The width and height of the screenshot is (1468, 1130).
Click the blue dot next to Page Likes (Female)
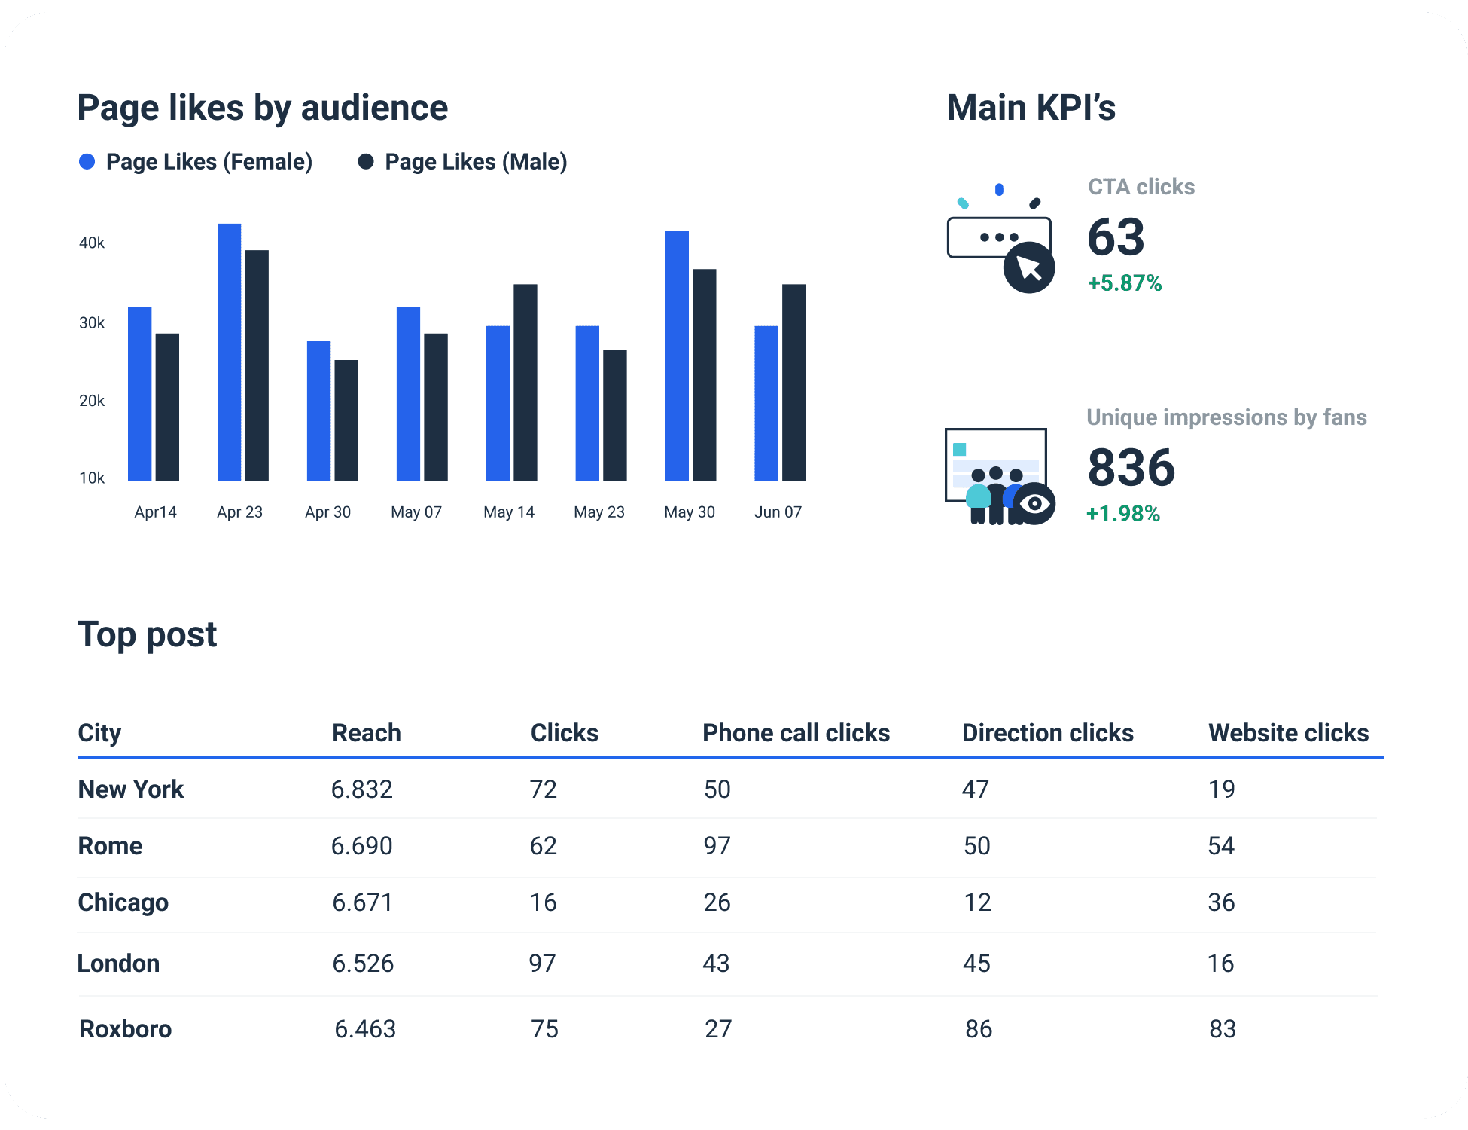click(x=87, y=162)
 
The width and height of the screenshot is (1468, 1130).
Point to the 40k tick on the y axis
click(x=92, y=243)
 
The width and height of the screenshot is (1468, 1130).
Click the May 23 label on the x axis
click(x=598, y=512)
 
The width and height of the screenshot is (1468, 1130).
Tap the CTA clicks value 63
click(x=1116, y=237)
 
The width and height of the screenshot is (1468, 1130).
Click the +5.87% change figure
click(x=1125, y=283)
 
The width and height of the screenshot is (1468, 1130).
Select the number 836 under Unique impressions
click(x=1131, y=467)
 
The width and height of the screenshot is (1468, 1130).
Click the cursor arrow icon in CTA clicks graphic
click(x=1028, y=267)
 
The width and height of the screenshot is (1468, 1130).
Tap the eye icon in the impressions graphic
click(x=1036, y=503)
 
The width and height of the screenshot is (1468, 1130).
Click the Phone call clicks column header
click(x=796, y=732)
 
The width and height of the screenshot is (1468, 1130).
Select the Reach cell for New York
click(x=362, y=789)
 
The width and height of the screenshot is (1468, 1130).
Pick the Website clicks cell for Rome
click(x=1220, y=845)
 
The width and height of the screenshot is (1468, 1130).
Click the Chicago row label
click(x=123, y=902)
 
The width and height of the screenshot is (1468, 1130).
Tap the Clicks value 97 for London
click(x=542, y=963)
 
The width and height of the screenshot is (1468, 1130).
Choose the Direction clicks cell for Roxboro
click(x=978, y=1028)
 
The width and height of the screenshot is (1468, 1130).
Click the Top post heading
click(x=147, y=634)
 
